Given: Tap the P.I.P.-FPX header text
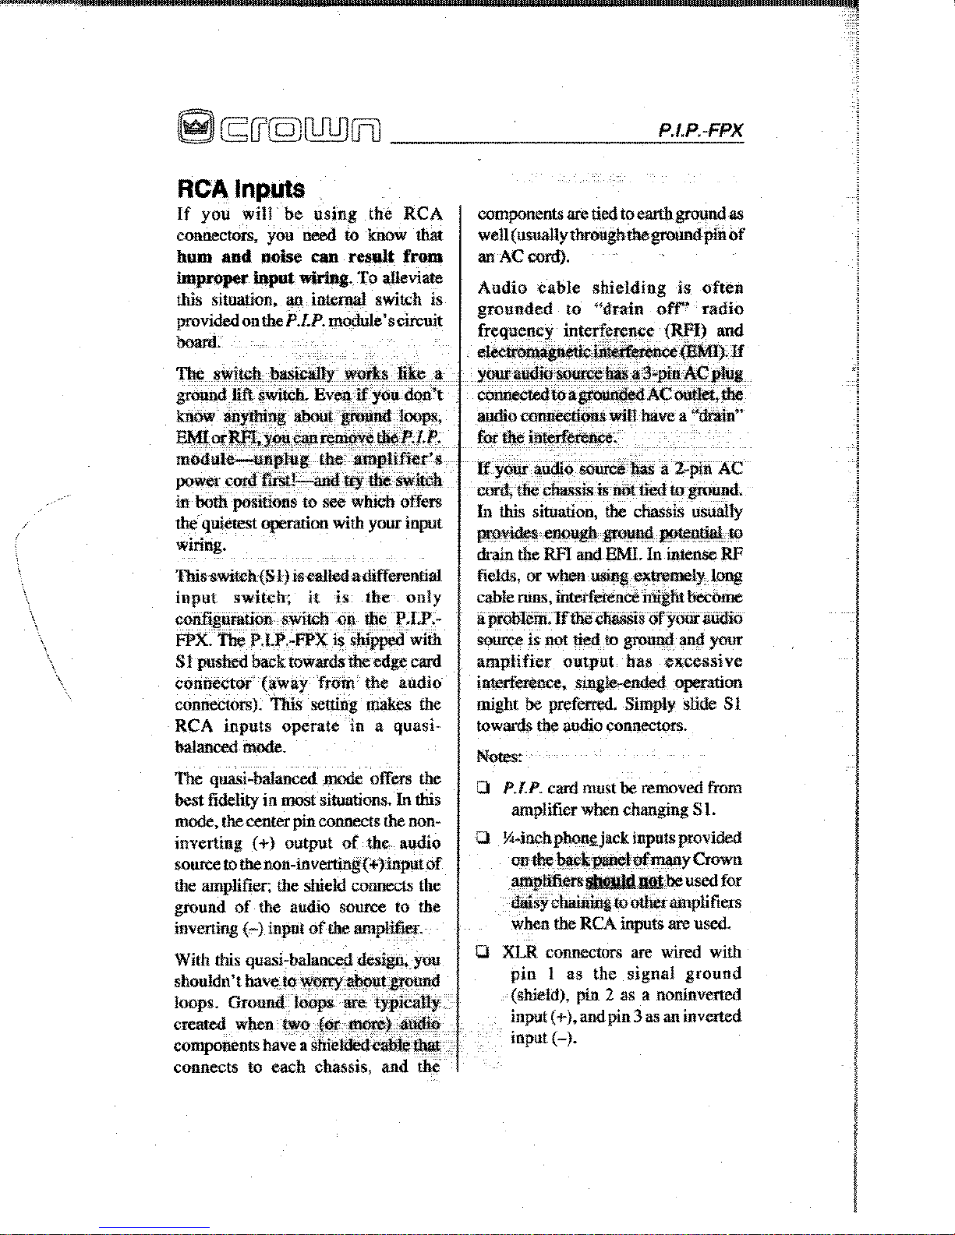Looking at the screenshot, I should pos(700,129).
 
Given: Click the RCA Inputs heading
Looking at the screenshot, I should pos(241,189).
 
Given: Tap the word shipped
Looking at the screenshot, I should pos(377,640).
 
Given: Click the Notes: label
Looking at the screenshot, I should pos(499,757).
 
